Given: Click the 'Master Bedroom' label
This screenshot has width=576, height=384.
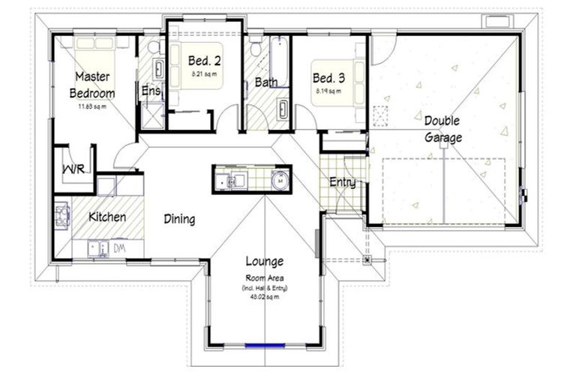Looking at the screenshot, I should pos(92,85).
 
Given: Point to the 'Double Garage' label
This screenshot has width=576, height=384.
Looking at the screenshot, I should pos(442,129).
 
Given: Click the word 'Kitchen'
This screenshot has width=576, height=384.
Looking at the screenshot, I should pos(107,217).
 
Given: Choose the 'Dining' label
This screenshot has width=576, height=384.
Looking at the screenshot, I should pos(179,220).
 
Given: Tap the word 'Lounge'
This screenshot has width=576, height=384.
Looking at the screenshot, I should pos(265,262).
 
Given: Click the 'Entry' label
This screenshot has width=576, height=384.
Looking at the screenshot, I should pos(342,182).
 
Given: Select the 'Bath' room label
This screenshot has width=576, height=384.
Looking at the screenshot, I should pos(266,82).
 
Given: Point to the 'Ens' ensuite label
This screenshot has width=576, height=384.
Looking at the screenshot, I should pos(150,91).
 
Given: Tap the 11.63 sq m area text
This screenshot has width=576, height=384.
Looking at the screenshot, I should pos(92,106).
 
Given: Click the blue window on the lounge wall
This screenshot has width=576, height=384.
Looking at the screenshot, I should pos(265,346).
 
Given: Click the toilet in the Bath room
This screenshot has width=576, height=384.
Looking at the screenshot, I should pos(256,49).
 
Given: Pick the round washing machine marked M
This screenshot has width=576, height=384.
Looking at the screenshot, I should pos(279,180).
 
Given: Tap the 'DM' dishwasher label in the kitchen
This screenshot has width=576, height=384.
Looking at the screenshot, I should pos(118,247).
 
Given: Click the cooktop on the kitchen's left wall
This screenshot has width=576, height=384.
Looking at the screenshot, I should pos(61,215).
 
